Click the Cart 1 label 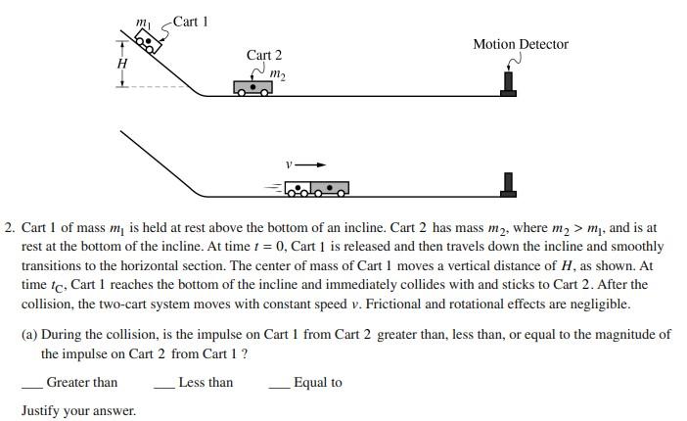pos(191,22)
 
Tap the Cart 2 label pos(263,56)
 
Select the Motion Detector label pos(520,44)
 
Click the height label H pos(122,64)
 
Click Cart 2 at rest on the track pos(252,87)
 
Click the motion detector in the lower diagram pos(507,183)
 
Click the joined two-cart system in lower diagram pos(316,187)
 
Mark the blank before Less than pos(164,384)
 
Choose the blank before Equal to pos(280,384)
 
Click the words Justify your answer pos(78,410)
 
